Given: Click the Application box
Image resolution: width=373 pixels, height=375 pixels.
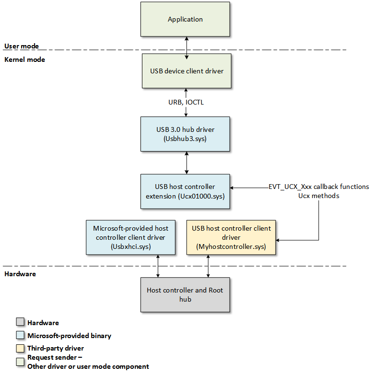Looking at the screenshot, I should point(186,19).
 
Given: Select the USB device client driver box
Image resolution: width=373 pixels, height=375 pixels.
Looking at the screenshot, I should point(186,71).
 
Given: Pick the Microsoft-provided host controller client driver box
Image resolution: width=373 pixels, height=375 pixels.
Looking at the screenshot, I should point(130,237).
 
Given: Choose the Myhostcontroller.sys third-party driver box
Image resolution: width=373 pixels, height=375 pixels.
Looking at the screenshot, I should point(232,237).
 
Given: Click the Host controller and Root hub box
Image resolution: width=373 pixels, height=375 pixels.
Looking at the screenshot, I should point(185,294).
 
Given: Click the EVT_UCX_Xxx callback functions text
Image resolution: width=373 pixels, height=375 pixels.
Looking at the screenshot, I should point(319,187).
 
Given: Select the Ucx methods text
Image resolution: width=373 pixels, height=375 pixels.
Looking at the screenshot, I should point(319,196).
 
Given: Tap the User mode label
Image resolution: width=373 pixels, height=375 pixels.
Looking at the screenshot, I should point(22,46).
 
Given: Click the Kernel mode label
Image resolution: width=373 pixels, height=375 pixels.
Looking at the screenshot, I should point(24,59).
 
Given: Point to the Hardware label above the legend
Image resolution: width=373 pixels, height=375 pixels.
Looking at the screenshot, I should point(20,274).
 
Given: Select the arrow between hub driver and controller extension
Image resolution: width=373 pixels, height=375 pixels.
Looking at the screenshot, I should point(186,163).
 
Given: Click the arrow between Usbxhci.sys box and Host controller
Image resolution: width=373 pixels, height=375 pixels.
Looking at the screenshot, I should point(158,266).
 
